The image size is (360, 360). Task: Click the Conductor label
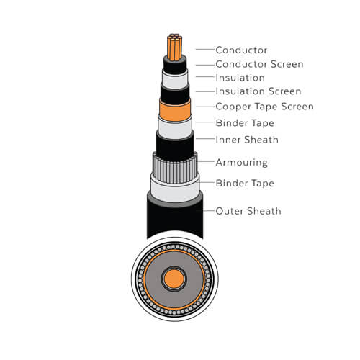pos(241,50)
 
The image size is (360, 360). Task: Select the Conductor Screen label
pos(259,64)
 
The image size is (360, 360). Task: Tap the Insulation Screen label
pos(258,91)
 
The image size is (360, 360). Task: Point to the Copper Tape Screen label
pos(264,107)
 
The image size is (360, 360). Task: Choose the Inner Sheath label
pos(247,140)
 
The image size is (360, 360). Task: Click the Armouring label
pos(241,163)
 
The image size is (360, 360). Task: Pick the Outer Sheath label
pos(248,211)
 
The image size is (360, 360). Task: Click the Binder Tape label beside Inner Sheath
pos(245,123)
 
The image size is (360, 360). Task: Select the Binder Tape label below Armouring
pos(245,184)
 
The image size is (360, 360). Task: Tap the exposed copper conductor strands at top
pos(175,48)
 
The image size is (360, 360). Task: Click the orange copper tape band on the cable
pos(175,110)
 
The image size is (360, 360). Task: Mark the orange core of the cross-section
pos(174,279)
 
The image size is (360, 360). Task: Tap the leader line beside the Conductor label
pos(205,49)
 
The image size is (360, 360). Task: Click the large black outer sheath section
pos(175,217)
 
